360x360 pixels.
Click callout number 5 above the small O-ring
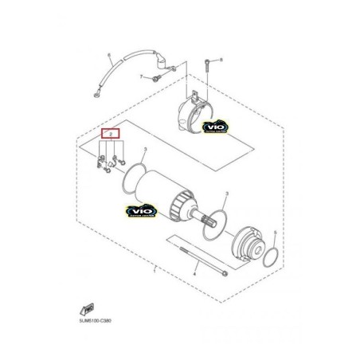click(x=273, y=233)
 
